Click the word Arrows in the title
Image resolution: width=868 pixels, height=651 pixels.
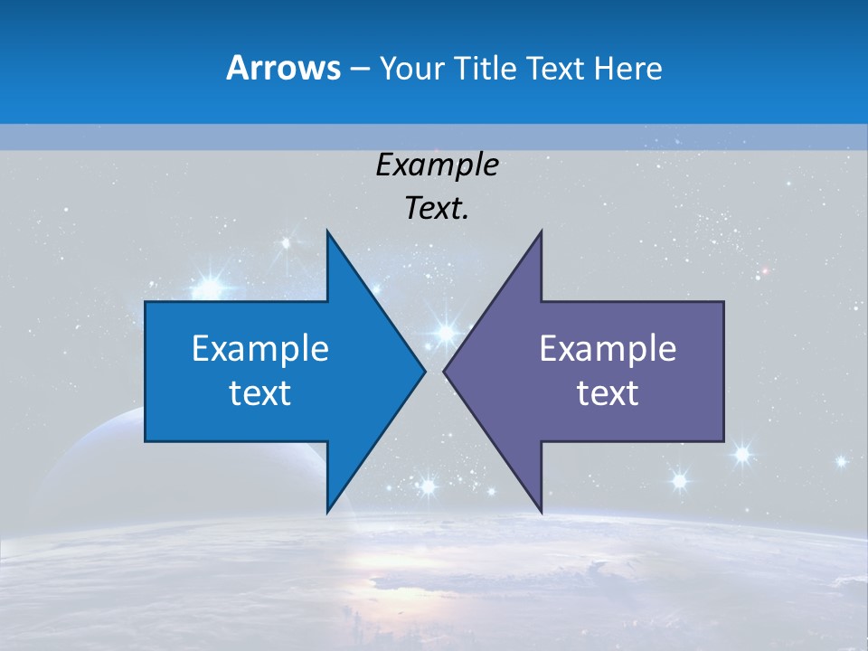click(x=283, y=68)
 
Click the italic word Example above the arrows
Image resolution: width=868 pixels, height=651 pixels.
click(x=437, y=165)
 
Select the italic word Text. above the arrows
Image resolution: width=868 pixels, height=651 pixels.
click(x=437, y=209)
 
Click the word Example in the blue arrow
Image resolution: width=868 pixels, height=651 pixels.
click(x=260, y=349)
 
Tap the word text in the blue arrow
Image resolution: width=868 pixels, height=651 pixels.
click(x=260, y=393)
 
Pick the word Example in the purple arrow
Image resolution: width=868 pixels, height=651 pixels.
click(x=608, y=349)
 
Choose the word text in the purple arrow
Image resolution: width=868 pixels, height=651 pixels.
click(x=608, y=393)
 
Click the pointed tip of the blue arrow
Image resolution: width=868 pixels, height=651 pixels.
click(x=425, y=371)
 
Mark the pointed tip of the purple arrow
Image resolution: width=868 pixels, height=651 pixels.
click(x=444, y=371)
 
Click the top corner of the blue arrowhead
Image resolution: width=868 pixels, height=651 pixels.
click(x=327, y=231)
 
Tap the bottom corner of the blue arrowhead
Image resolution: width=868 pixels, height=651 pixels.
click(x=327, y=513)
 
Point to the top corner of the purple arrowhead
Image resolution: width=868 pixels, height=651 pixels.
click(x=541, y=231)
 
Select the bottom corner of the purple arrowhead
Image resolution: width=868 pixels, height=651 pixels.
click(x=541, y=513)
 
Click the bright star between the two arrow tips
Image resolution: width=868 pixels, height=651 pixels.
click(x=445, y=332)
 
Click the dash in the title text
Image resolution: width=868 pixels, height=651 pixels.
click(x=358, y=69)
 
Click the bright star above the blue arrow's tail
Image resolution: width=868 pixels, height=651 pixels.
click(x=210, y=288)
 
